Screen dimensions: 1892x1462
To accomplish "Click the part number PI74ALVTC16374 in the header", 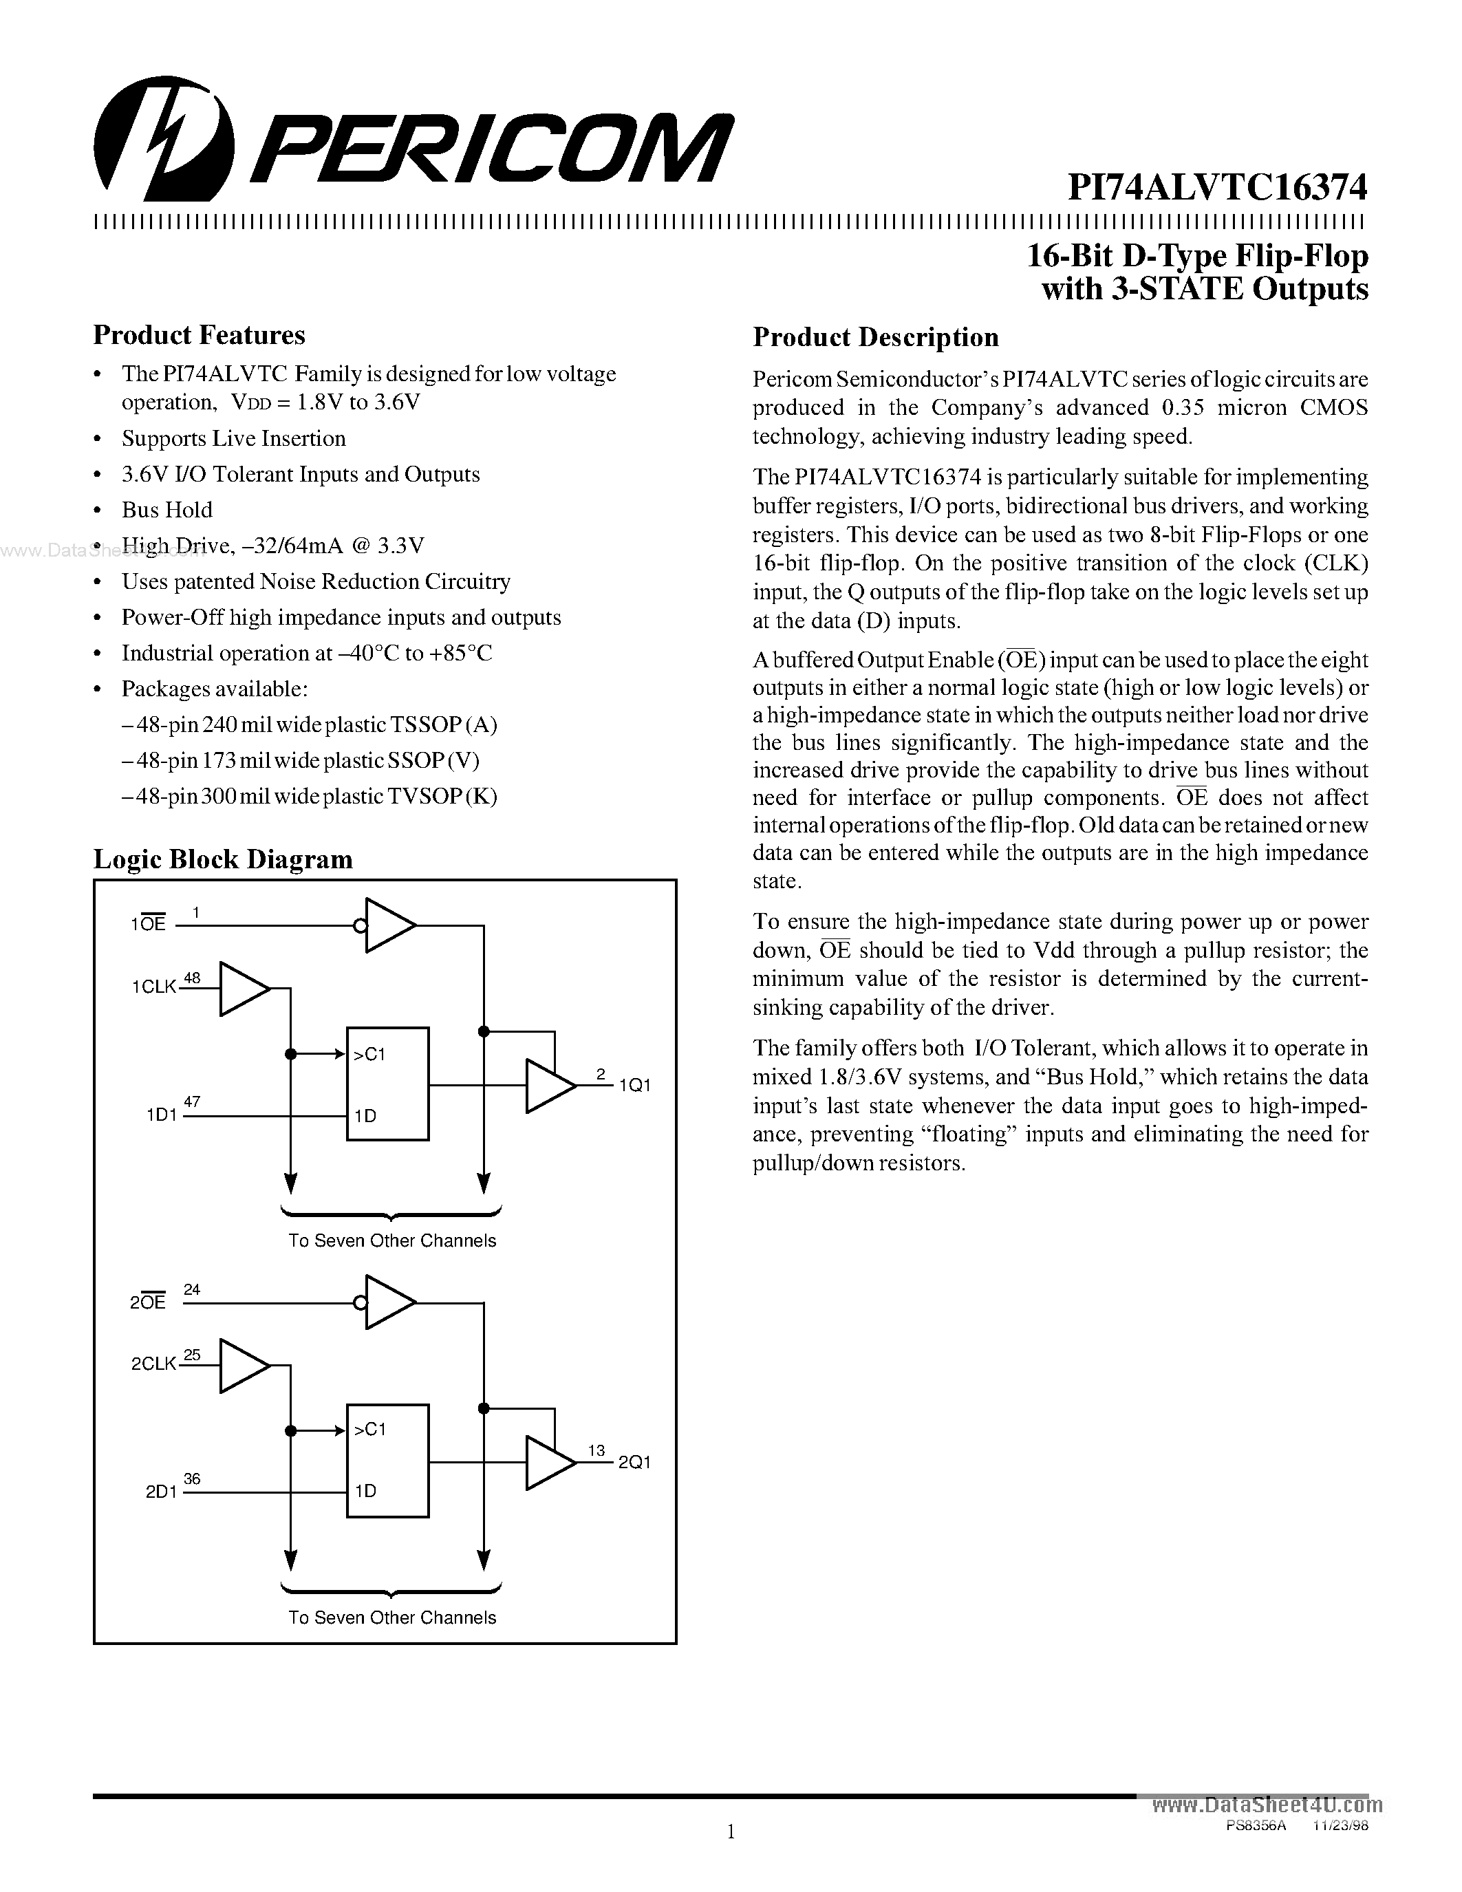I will [x=1217, y=187].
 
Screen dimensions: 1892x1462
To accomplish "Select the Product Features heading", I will [x=200, y=335].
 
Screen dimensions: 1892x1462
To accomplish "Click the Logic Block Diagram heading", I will [x=223, y=859].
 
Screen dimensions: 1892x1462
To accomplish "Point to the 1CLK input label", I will [x=154, y=987].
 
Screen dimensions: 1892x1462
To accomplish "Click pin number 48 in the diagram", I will [x=192, y=978].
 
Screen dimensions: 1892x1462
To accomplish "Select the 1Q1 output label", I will [x=634, y=1086].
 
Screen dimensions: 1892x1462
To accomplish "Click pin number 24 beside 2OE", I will [x=192, y=1289].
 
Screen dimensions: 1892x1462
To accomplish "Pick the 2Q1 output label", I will [x=634, y=1462].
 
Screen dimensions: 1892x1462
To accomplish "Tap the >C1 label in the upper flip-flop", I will [x=370, y=1054].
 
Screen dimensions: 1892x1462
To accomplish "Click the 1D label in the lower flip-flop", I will [x=365, y=1491].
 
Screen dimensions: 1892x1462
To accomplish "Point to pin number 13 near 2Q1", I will [x=596, y=1450].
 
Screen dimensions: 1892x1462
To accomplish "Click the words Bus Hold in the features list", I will [x=167, y=509].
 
